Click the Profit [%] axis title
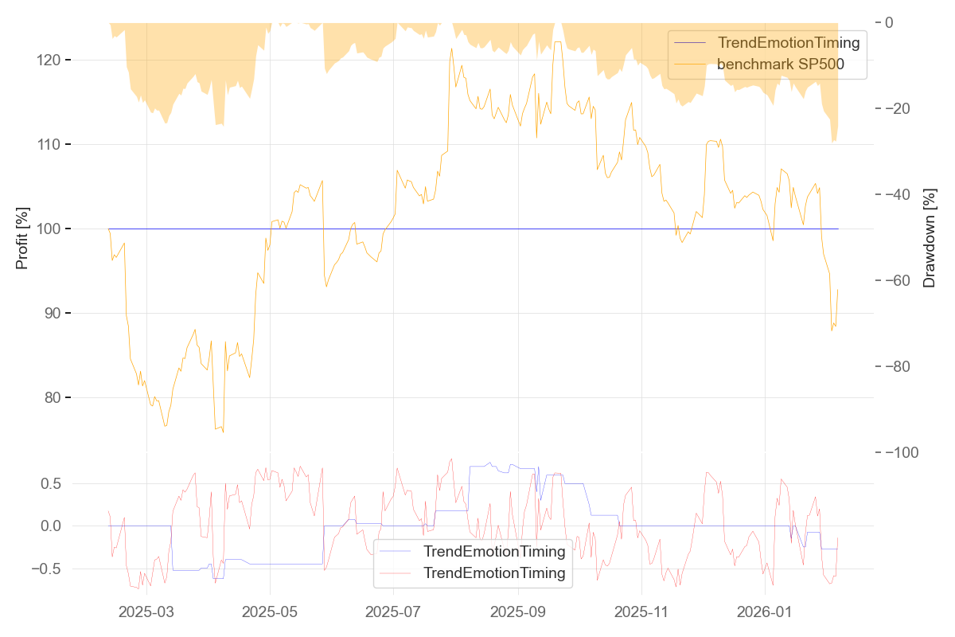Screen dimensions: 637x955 pos(22,237)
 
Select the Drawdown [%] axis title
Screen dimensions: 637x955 pos(929,237)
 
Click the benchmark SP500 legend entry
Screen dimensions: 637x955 pos(780,68)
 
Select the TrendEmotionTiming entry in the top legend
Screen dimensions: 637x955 pos(789,43)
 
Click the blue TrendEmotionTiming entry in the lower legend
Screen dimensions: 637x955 pos(494,551)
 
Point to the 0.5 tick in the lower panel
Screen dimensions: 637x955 pos(51,483)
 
